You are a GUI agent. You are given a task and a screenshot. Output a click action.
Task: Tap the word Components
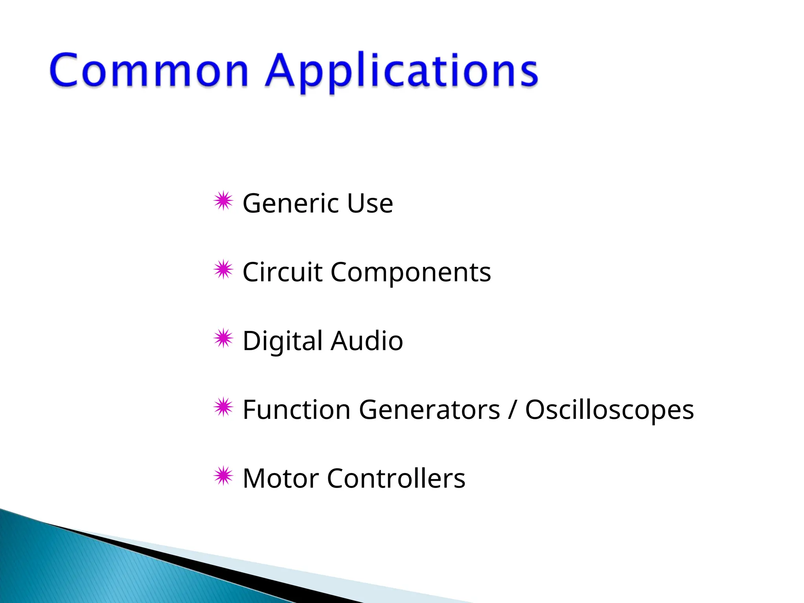411,273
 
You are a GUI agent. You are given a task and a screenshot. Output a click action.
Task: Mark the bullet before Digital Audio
223,338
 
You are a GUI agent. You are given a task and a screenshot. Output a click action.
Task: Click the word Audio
367,341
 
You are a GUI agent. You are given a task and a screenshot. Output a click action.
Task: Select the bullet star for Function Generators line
223,407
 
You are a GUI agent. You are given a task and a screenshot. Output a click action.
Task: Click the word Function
296,410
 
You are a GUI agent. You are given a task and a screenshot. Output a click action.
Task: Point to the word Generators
429,410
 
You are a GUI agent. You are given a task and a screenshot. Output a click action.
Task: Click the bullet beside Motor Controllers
223,476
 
